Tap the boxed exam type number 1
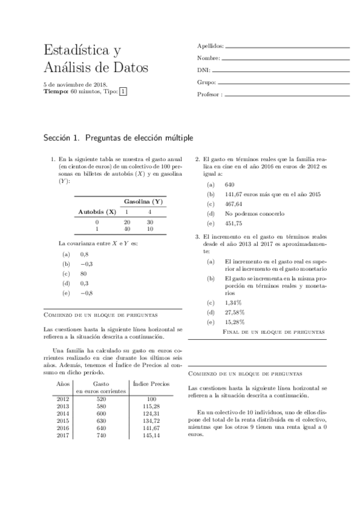pos(123,92)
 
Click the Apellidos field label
pos(210,46)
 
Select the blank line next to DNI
pos(282,70)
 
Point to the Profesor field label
pos(210,94)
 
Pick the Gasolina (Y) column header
pos(143,201)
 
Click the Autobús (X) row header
pos(97,212)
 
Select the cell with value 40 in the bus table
pos(127,229)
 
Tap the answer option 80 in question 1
pos(84,274)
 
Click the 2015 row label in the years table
pos(63,420)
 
